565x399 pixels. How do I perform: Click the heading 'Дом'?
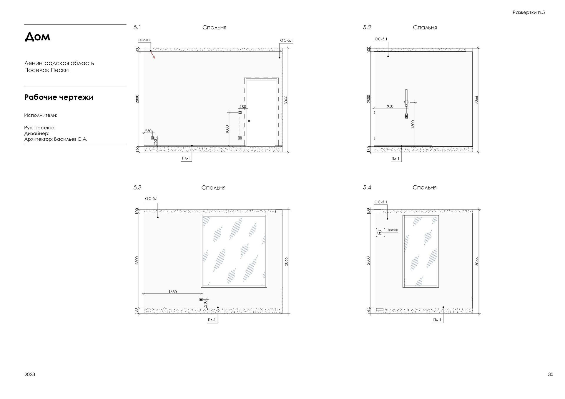[37, 37]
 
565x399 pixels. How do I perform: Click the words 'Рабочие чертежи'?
[59, 97]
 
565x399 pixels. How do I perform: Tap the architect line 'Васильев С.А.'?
[71, 139]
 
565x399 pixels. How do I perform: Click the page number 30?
[551, 374]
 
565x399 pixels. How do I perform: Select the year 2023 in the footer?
[30, 374]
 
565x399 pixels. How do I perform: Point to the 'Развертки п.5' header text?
[529, 12]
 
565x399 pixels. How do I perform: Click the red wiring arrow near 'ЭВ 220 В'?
[153, 55]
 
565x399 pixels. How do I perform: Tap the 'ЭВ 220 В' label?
[144, 40]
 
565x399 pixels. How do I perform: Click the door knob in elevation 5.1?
[249, 121]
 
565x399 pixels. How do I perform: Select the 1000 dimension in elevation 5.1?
[227, 129]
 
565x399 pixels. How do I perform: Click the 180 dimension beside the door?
[243, 107]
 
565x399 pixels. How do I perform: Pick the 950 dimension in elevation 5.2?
[390, 106]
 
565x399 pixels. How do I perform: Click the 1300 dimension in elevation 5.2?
[413, 124]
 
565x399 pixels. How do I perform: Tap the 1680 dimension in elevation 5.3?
[172, 292]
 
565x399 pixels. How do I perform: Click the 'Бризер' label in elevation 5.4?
[393, 230]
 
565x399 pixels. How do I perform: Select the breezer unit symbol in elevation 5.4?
[380, 233]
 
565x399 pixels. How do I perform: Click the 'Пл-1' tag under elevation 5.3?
[212, 320]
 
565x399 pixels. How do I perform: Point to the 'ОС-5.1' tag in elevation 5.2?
[381, 39]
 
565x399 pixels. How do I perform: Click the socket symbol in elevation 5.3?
[201, 299]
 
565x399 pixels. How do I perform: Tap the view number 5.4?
[367, 187]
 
